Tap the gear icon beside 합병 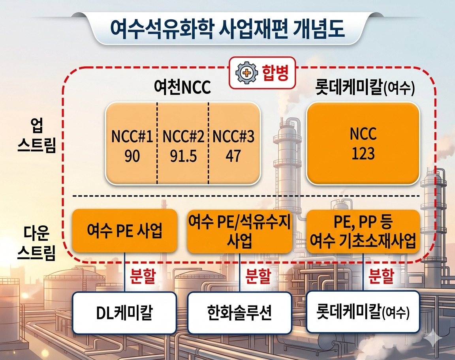(246, 73)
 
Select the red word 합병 (275, 72)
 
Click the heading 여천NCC (182, 86)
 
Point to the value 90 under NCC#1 (132, 156)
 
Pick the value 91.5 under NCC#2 (183, 156)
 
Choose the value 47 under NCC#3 (233, 156)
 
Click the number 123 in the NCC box (363, 154)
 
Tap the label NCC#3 (233, 136)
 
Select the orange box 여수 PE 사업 (124, 231)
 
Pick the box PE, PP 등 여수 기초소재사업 (363, 231)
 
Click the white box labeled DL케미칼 (124, 313)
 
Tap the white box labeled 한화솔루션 (239, 313)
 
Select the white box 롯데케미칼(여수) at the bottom (363, 312)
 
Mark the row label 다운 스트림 (36, 243)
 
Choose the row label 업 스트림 (36, 135)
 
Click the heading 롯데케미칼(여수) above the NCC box (365, 86)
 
